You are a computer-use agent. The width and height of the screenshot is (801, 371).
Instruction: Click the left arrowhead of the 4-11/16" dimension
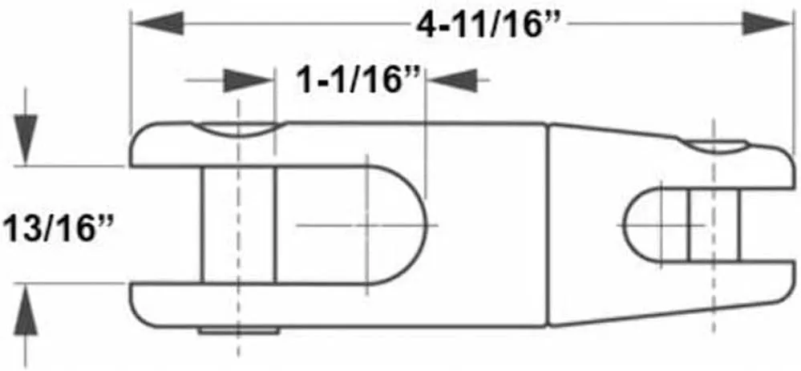[x=159, y=24]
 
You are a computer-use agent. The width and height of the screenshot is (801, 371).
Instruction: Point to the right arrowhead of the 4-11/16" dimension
[x=767, y=24]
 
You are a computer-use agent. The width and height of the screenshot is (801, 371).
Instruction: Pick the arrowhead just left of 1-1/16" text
[x=249, y=80]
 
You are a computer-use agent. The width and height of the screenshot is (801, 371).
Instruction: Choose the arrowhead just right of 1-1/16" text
[x=451, y=80]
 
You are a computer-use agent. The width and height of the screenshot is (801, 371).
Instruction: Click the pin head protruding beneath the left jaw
[x=239, y=331]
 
